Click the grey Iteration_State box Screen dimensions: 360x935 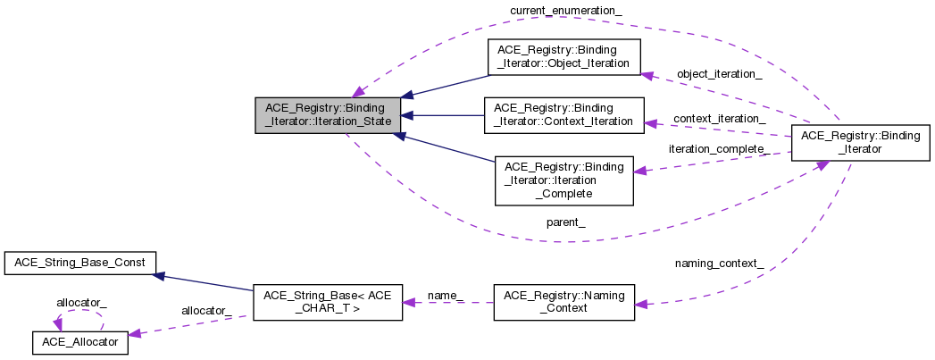[x=328, y=115]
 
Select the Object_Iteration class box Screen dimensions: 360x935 [x=564, y=57]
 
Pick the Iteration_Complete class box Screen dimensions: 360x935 [x=564, y=180]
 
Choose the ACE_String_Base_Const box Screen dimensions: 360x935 [x=80, y=263]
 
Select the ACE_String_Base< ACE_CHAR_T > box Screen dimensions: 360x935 [x=327, y=302]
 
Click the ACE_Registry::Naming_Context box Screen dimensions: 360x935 [x=564, y=302]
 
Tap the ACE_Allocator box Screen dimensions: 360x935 [x=80, y=341]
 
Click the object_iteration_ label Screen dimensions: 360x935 [x=719, y=74]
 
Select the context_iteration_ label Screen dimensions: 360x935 [x=719, y=119]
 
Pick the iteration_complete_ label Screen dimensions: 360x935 [x=719, y=148]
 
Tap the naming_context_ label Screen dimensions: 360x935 [x=719, y=263]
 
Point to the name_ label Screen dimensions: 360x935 [x=446, y=294]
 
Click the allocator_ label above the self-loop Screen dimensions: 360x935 [x=81, y=303]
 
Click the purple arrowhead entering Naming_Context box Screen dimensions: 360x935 [x=641, y=305]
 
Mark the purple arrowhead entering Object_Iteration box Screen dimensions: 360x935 [x=649, y=76]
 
